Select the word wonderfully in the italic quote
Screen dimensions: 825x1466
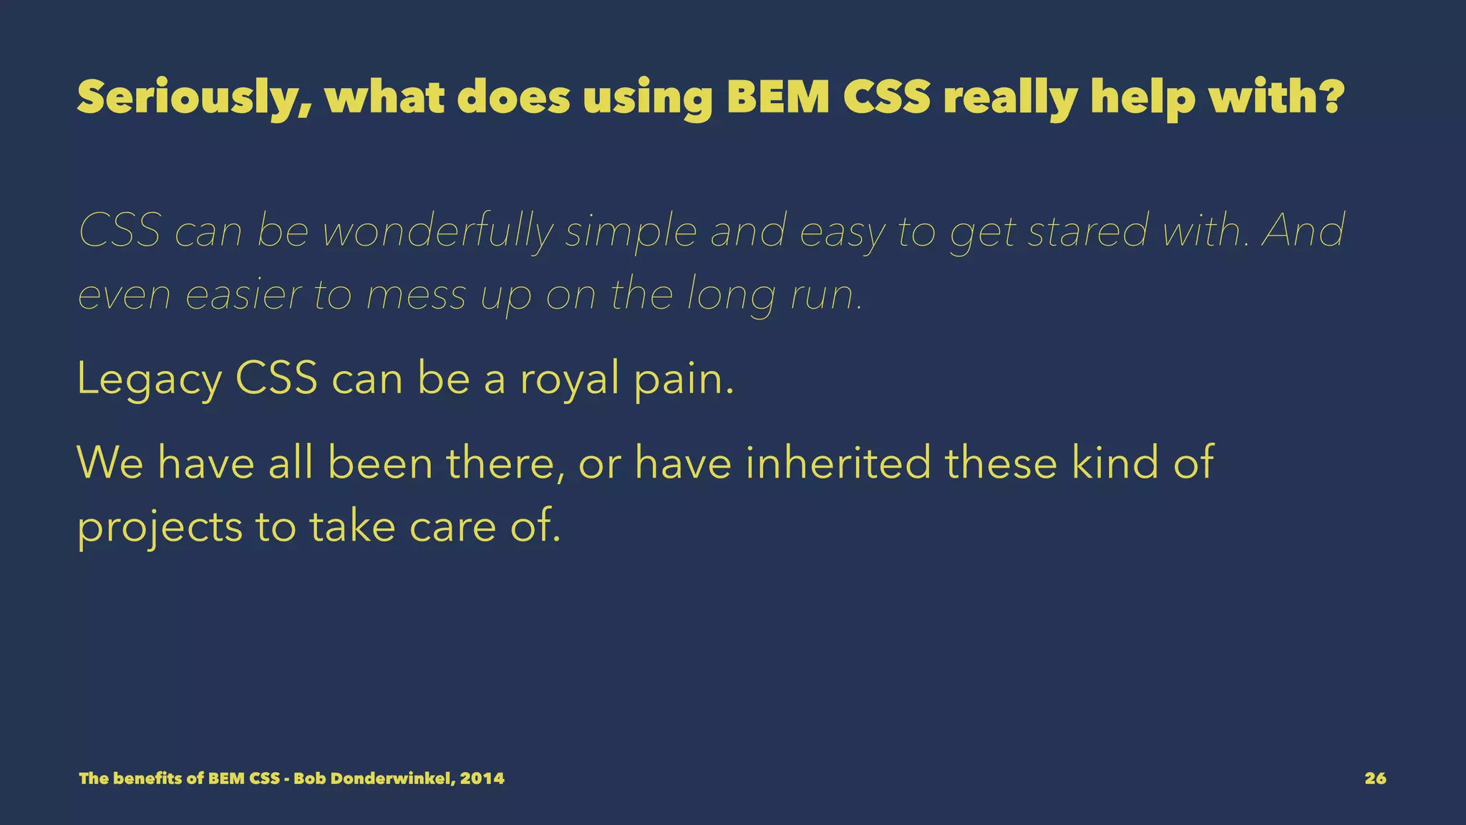(438, 231)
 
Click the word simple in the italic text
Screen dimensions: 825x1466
(631, 233)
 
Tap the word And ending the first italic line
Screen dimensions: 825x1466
(1302, 231)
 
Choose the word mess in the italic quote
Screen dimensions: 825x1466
(416, 295)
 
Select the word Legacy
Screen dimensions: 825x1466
(149, 380)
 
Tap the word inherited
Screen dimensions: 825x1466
(838, 463)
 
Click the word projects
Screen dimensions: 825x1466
(160, 528)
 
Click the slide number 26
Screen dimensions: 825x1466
(1375, 778)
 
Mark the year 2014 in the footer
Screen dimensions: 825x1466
(482, 778)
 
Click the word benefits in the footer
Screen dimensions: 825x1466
(148, 778)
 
